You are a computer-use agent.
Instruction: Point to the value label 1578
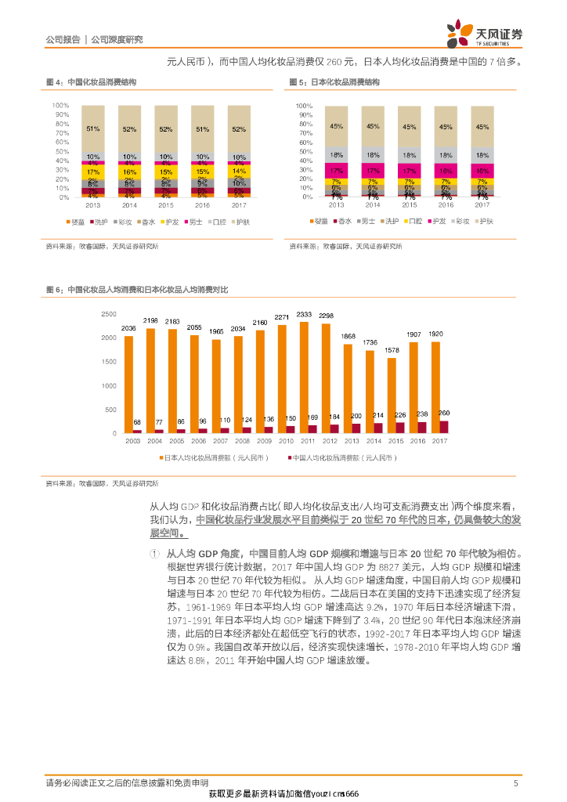point(392,351)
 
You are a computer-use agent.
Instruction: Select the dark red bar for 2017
point(444,427)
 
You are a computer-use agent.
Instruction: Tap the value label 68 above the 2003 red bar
point(137,422)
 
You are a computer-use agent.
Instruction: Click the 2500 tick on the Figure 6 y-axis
point(110,314)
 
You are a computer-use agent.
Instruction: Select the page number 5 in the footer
point(515,782)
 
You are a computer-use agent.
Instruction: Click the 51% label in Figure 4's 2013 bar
point(93,128)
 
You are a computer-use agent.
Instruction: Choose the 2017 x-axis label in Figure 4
point(239,205)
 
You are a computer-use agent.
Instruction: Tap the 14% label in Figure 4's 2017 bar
point(239,171)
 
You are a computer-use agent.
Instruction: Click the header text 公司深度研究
point(117,39)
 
